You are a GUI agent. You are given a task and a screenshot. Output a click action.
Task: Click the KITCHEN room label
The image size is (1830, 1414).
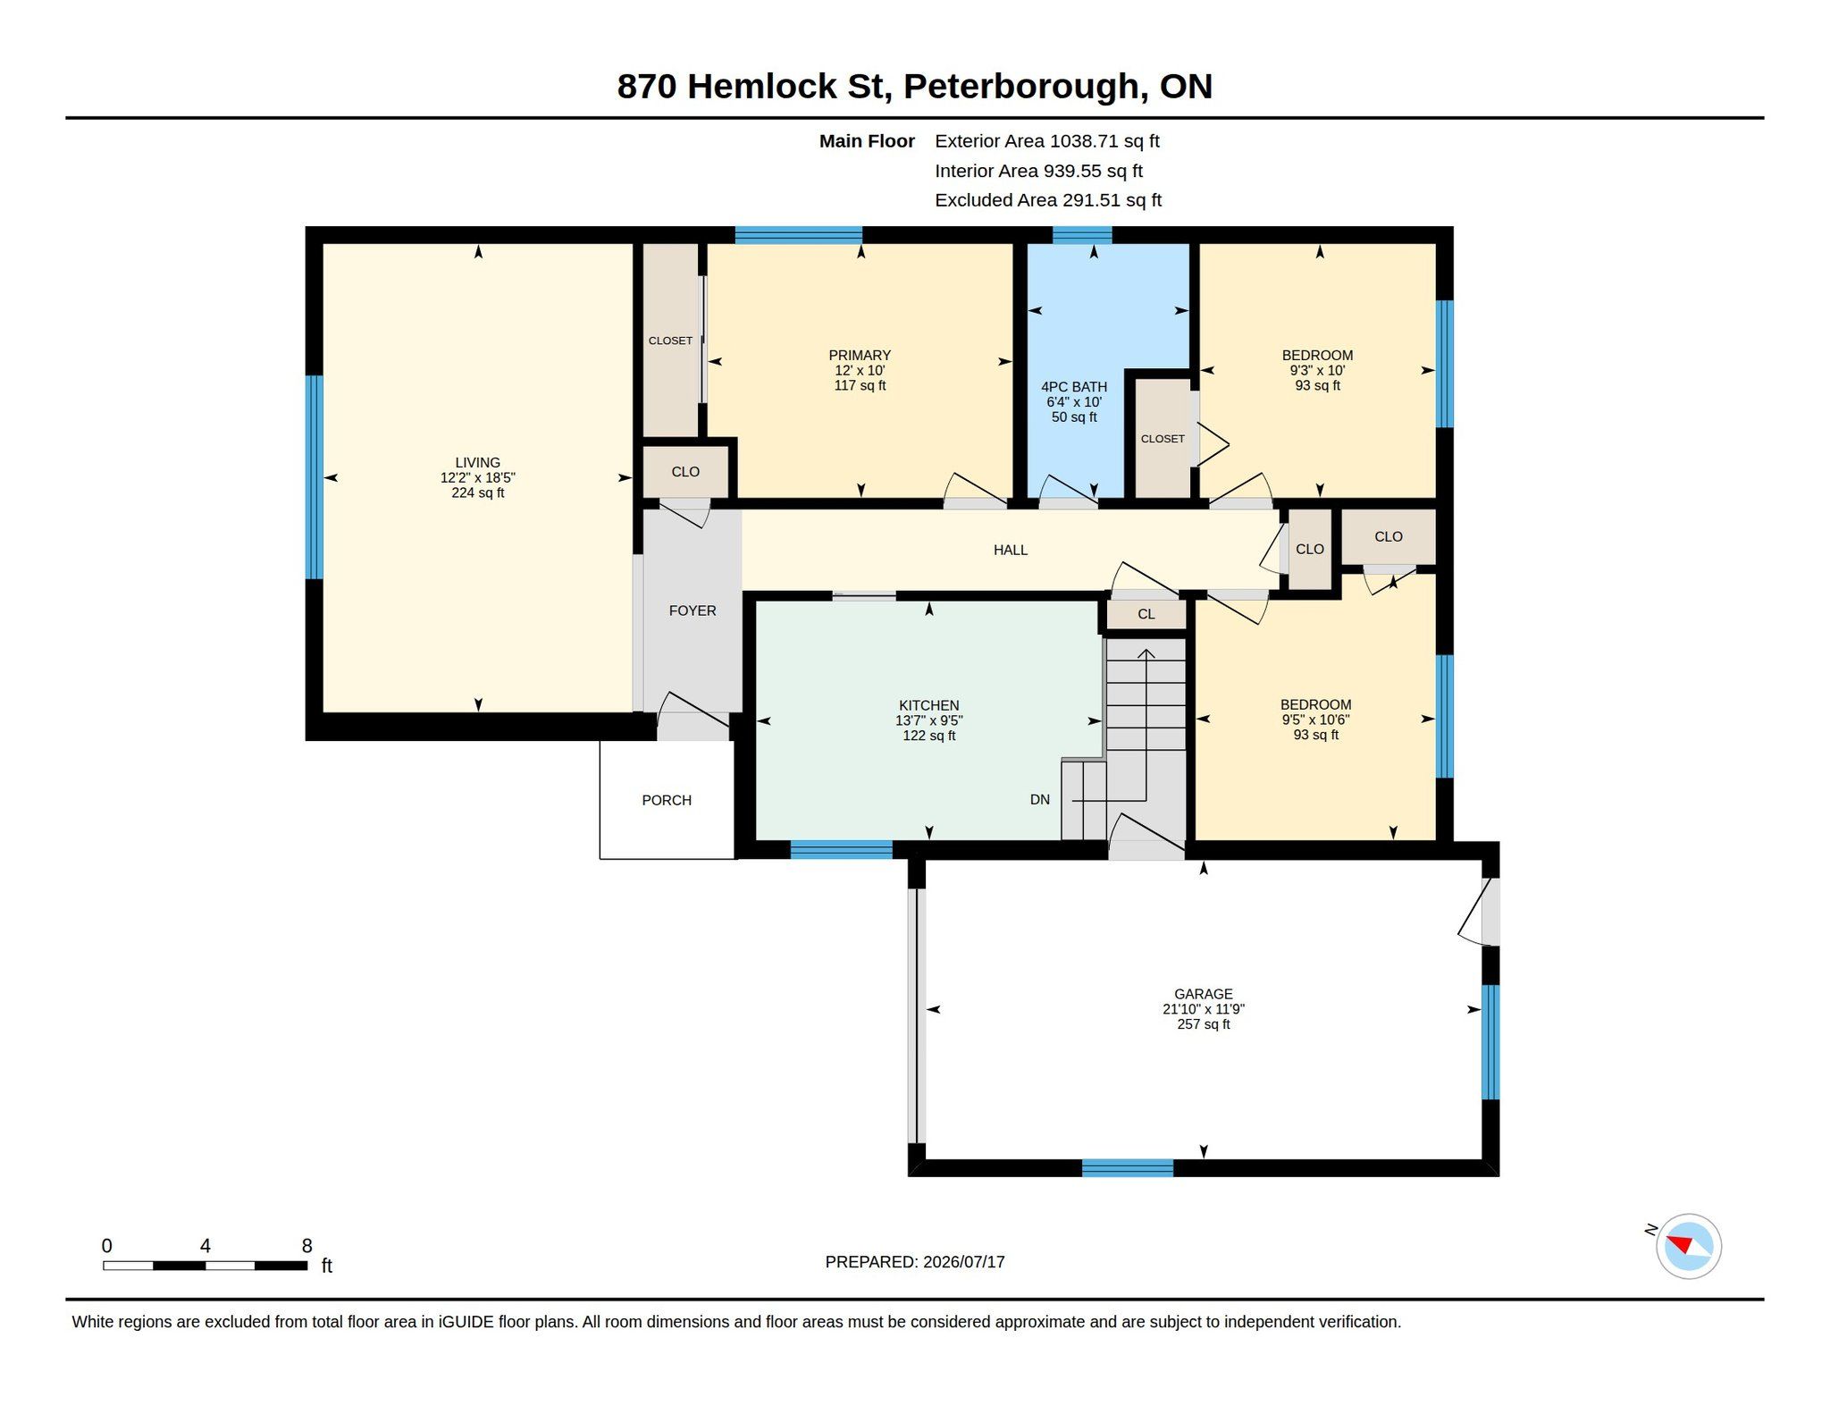pos(928,705)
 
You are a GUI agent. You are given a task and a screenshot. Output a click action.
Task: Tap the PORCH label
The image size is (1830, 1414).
pos(667,800)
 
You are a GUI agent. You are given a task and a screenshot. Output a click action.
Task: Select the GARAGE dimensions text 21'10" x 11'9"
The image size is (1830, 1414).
pos(1203,1009)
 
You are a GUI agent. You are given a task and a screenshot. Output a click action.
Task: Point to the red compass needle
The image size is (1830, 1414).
pos(1681,1244)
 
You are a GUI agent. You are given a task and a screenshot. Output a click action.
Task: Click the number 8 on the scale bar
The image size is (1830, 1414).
pos(306,1246)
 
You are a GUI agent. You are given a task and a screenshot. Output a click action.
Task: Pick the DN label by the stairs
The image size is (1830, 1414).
pos(1039,800)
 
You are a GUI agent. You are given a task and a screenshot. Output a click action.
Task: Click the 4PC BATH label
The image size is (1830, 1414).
pos(1073,387)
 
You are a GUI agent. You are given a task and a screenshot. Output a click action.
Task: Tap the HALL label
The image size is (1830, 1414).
pos(1011,550)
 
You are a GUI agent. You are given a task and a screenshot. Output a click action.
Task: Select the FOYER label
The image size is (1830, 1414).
pos(693,610)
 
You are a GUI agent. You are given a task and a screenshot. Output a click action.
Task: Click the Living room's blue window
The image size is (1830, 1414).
pos(314,477)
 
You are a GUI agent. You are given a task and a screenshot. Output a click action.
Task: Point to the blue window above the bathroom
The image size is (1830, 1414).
pos(1082,235)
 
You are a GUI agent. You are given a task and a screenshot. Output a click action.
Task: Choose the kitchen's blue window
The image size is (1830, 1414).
pos(841,849)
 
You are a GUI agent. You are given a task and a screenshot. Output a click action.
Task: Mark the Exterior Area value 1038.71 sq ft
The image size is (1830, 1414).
pos(1104,141)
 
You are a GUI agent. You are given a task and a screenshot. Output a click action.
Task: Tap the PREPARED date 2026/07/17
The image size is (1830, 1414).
pos(963,1262)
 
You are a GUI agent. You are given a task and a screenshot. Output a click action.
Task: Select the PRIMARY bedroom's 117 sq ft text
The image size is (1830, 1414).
pos(860,386)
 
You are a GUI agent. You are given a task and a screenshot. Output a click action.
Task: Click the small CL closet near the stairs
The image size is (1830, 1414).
pos(1146,614)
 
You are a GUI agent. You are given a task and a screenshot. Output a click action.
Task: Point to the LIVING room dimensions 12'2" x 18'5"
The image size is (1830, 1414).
pos(477,478)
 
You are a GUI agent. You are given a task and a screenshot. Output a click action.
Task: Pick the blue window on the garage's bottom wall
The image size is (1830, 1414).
pos(1128,1167)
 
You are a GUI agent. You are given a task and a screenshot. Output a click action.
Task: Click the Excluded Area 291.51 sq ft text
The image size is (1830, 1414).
pos(1048,200)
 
